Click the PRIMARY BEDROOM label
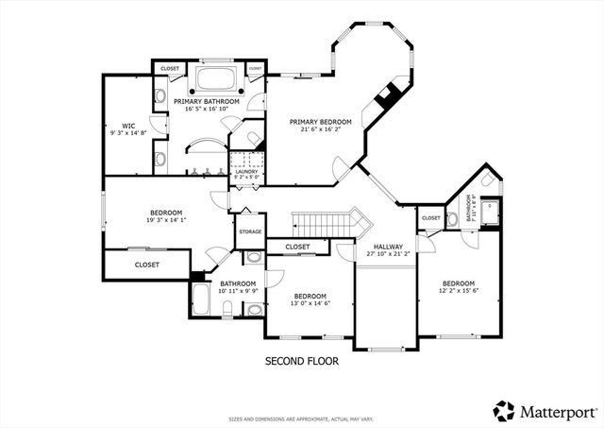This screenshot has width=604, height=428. click(320, 121)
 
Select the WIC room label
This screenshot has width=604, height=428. click(128, 126)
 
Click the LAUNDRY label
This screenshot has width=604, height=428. click(245, 171)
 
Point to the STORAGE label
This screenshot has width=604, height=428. click(250, 231)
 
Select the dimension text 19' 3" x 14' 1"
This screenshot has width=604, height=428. click(165, 220)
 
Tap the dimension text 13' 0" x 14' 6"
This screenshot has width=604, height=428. click(309, 303)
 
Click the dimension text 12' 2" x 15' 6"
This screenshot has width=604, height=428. click(459, 291)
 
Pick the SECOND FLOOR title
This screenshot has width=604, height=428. click(301, 360)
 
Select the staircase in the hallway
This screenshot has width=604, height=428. click(326, 224)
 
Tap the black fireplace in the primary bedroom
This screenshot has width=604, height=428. click(386, 95)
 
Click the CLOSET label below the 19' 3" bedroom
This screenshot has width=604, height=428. click(146, 265)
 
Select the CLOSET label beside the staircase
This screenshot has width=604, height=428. click(297, 247)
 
